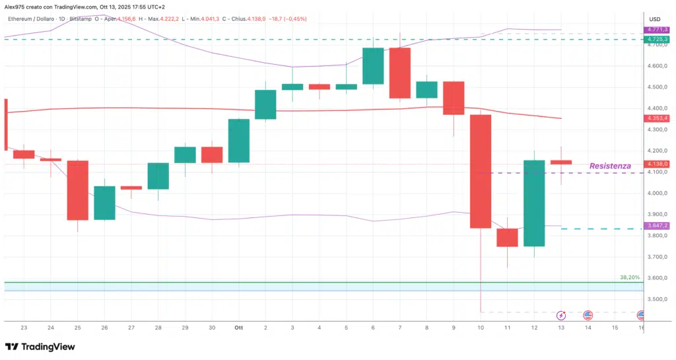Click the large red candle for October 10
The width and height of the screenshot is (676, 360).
pos(481,171)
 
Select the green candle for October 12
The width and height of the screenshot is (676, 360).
pos(535,203)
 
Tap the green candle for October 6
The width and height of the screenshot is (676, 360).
pos(374,66)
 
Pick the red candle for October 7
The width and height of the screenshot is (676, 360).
pos(400,73)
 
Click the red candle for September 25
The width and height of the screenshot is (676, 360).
pos(78,190)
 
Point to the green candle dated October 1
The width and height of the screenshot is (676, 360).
pos(239,141)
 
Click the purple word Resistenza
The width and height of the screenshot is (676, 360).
pos(609,166)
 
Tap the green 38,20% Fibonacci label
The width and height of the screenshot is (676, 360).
pos(630,277)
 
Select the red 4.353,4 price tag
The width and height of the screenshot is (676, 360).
pos(658,118)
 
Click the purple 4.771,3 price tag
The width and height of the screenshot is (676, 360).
pos(658,30)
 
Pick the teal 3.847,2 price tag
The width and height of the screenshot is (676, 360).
pos(658,226)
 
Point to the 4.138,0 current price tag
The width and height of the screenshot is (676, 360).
pos(658,164)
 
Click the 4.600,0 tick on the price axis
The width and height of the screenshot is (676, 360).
pos(658,66)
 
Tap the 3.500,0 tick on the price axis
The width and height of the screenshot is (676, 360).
pos(658,299)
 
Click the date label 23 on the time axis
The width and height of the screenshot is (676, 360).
pos(24,328)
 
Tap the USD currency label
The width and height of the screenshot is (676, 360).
pos(655,18)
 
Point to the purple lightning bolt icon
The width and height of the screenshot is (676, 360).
pos(561,316)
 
